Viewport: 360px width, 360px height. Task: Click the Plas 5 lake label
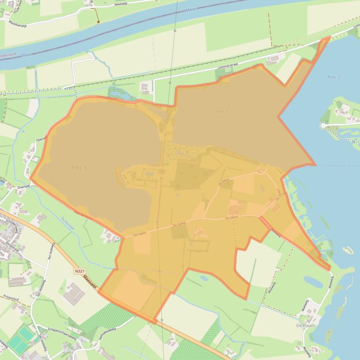coord(79,167)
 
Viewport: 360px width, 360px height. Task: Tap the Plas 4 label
coord(222,111)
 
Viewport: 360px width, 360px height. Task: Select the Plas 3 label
coord(333,77)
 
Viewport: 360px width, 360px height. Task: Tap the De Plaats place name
coord(305,325)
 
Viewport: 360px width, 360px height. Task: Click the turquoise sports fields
coord(21,338)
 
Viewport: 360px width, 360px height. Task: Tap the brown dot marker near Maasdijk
coord(98,22)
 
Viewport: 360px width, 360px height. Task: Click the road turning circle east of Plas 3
coord(323,125)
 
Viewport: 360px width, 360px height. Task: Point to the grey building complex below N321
coord(74,293)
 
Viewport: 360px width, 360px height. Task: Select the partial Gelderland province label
coord(8,55)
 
